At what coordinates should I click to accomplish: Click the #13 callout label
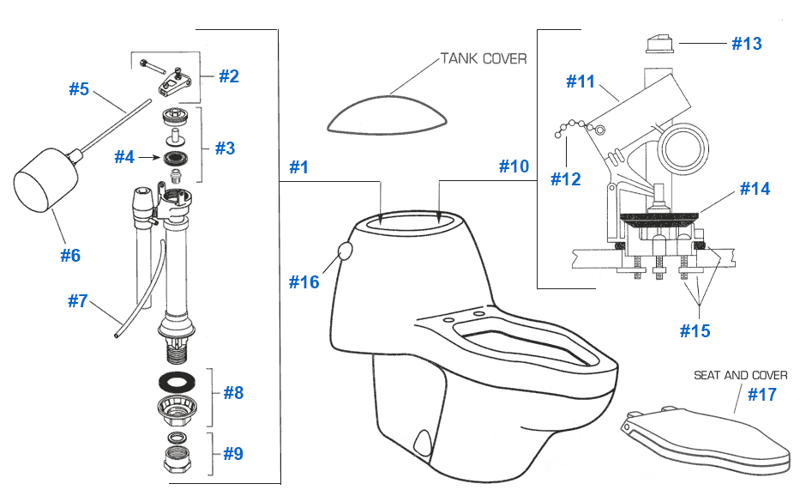tap(746, 44)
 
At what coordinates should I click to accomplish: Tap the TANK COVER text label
tap(484, 58)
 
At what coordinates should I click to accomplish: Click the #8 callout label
tap(233, 393)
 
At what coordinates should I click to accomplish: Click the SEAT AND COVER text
tap(740, 375)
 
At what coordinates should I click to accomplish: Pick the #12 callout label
tap(566, 179)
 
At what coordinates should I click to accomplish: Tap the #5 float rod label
tap(79, 89)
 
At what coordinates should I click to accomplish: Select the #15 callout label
tap(695, 330)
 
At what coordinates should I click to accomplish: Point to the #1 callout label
tap(298, 167)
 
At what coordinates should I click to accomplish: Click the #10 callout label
tap(514, 167)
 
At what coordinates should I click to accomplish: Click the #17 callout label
tap(761, 395)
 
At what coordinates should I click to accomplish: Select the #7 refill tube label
tap(78, 301)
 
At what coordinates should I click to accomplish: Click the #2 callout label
tap(228, 76)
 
